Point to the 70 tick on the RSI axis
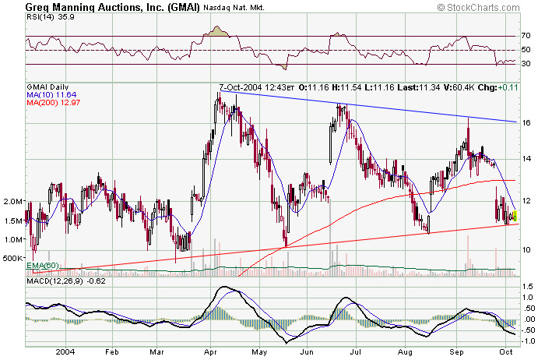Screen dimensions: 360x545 click(x=526, y=36)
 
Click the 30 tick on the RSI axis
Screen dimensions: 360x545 click(x=526, y=65)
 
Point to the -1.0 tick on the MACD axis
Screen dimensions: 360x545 click(x=528, y=341)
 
